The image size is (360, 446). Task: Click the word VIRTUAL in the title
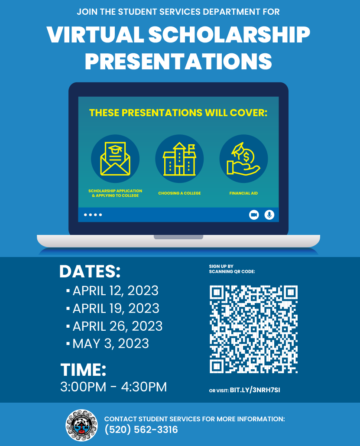point(95,35)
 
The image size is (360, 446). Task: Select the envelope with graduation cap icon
point(115,159)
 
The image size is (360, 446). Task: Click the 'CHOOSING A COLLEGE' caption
point(179,193)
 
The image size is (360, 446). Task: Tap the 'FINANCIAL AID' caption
point(244,193)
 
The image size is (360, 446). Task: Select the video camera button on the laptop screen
point(254,215)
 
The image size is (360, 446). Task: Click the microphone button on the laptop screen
point(269,215)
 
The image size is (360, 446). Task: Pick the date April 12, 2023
point(115,291)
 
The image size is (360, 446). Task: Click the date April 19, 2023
point(116,308)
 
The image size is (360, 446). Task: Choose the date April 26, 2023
point(117,326)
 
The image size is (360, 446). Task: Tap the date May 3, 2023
point(110,344)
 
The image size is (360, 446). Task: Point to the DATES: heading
point(90,271)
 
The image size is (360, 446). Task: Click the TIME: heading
point(83,370)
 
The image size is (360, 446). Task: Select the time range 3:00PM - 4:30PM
point(114,387)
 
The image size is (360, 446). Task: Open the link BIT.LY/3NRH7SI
point(255,390)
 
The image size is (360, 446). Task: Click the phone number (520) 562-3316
point(141,430)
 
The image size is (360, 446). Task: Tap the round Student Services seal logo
point(81,425)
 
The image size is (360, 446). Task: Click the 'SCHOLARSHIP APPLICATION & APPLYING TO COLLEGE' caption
point(115,193)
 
